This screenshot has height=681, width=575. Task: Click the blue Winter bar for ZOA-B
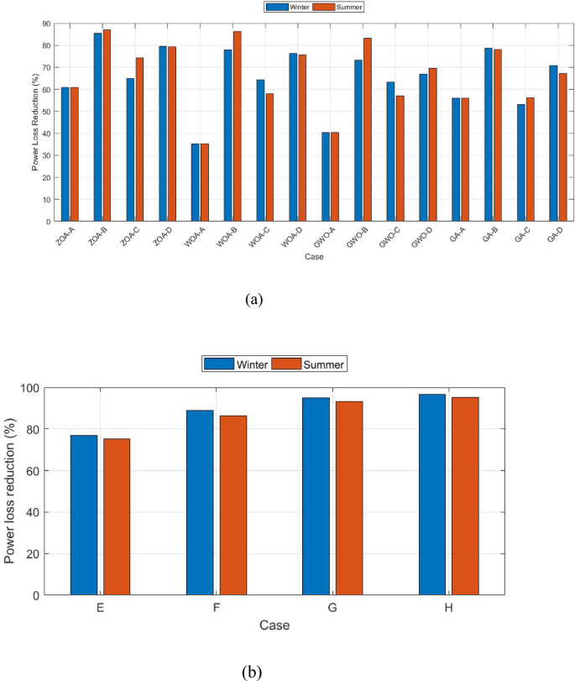click(97, 127)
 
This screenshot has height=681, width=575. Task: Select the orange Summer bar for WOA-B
click(237, 126)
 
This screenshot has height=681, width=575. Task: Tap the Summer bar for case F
click(233, 505)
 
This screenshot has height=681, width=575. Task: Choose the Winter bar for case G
click(316, 496)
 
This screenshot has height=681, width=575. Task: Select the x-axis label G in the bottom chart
click(333, 609)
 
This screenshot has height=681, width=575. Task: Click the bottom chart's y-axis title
click(12, 492)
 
